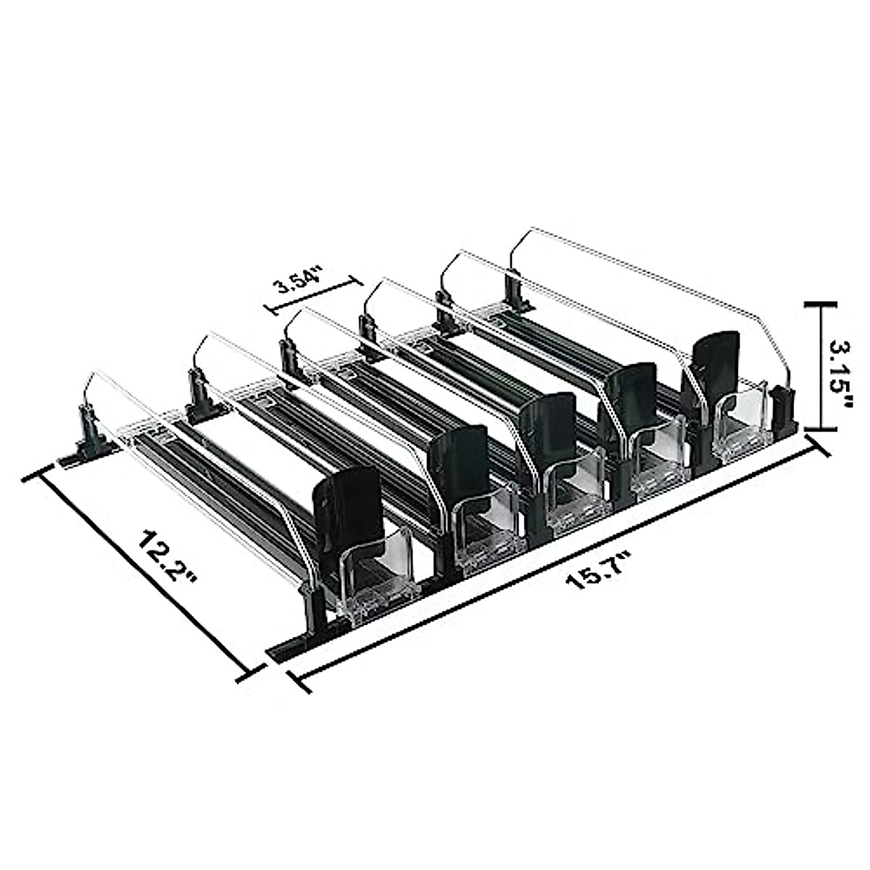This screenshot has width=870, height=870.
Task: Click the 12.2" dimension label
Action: pos(166,558)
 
